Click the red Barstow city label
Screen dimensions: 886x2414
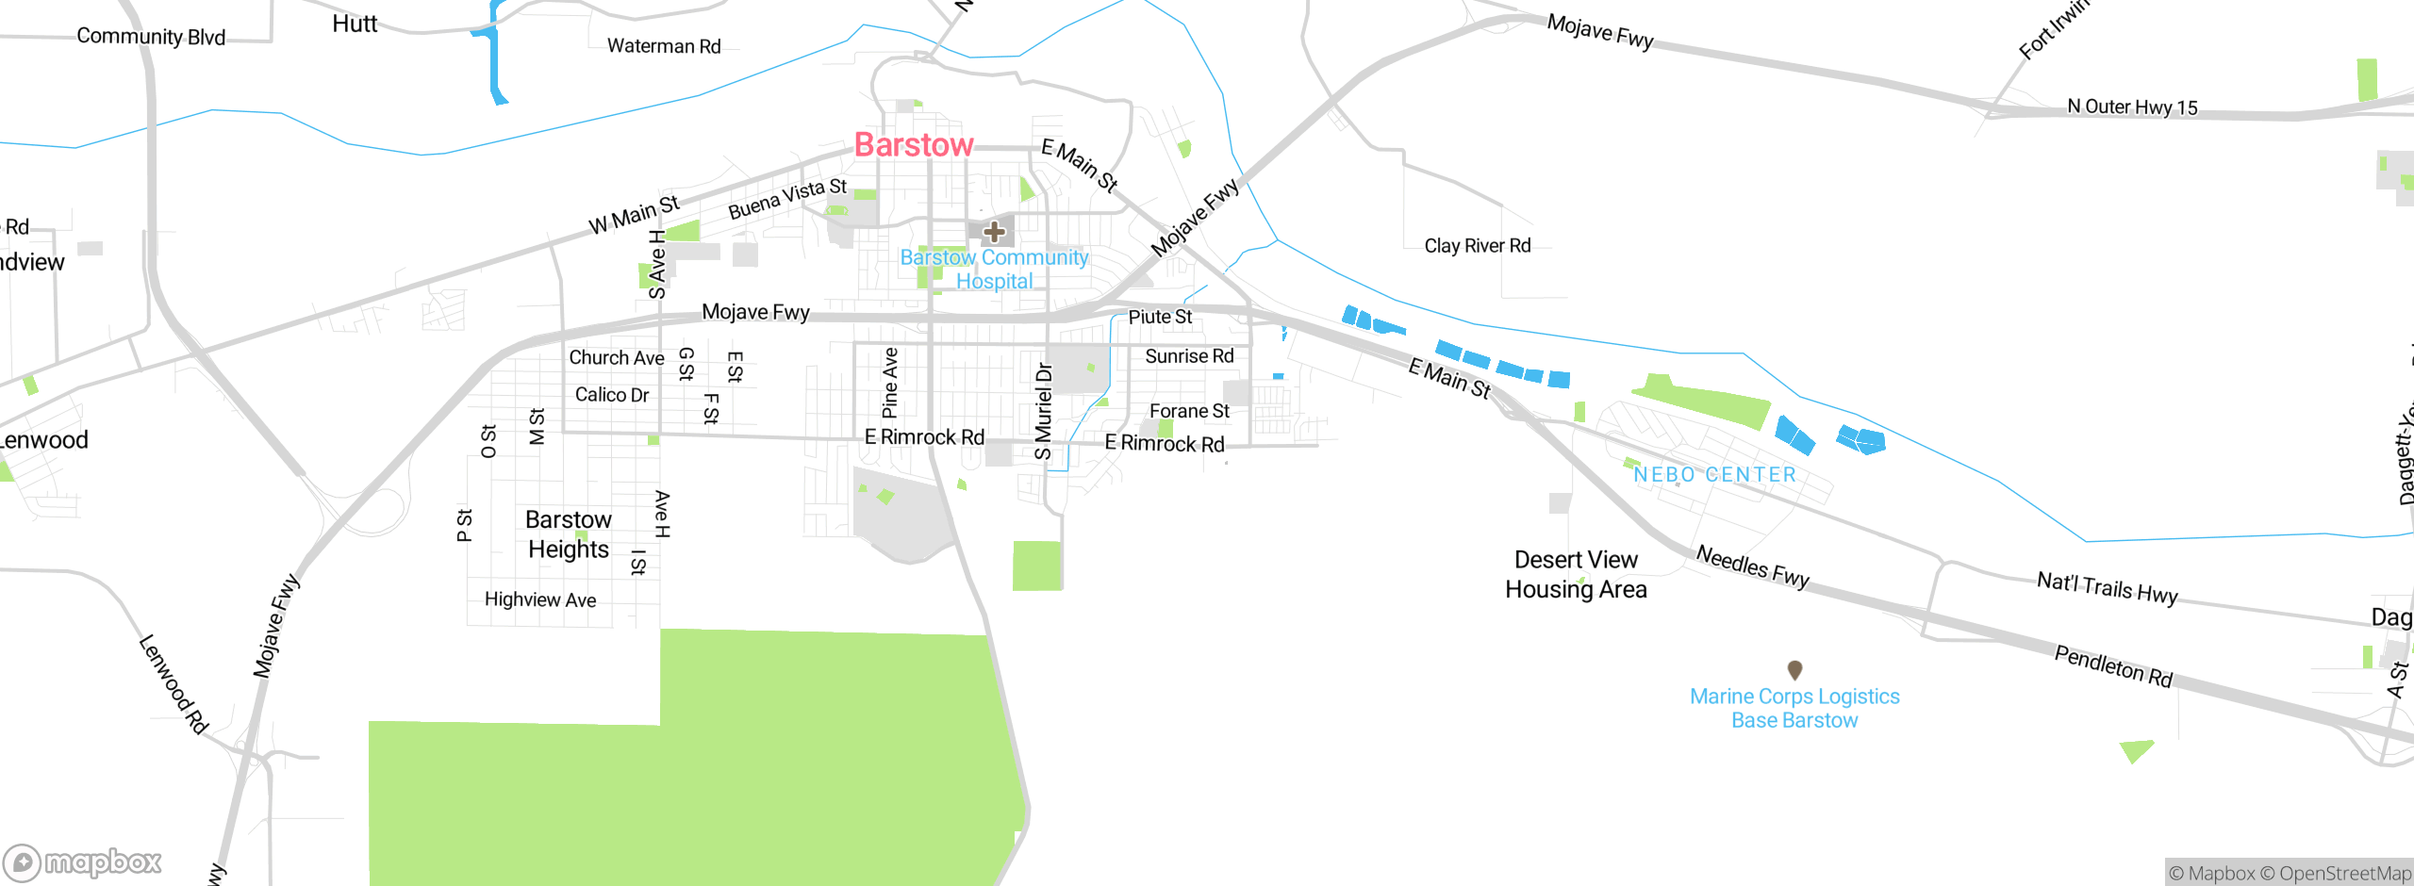click(913, 145)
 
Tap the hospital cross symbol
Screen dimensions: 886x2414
click(994, 231)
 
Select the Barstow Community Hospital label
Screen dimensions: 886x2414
click(994, 269)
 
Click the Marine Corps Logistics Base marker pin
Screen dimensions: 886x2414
click(1794, 669)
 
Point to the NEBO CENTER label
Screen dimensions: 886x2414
click(1714, 475)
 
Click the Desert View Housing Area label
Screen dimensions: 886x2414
click(1576, 574)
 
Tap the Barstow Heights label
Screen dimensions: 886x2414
click(569, 534)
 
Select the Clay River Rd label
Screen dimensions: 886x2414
click(1477, 246)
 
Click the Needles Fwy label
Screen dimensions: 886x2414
click(1752, 566)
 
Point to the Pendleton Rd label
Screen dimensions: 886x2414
click(2113, 666)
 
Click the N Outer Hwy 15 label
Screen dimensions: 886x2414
click(2131, 107)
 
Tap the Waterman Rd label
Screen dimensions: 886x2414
click(664, 46)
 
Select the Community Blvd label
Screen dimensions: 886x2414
click(151, 37)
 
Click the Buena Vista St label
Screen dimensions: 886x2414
click(787, 199)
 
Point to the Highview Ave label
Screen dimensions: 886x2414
click(540, 599)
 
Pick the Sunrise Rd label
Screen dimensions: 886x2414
click(1189, 356)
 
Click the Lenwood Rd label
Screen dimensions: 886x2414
click(174, 684)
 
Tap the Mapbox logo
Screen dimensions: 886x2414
click(83, 861)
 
